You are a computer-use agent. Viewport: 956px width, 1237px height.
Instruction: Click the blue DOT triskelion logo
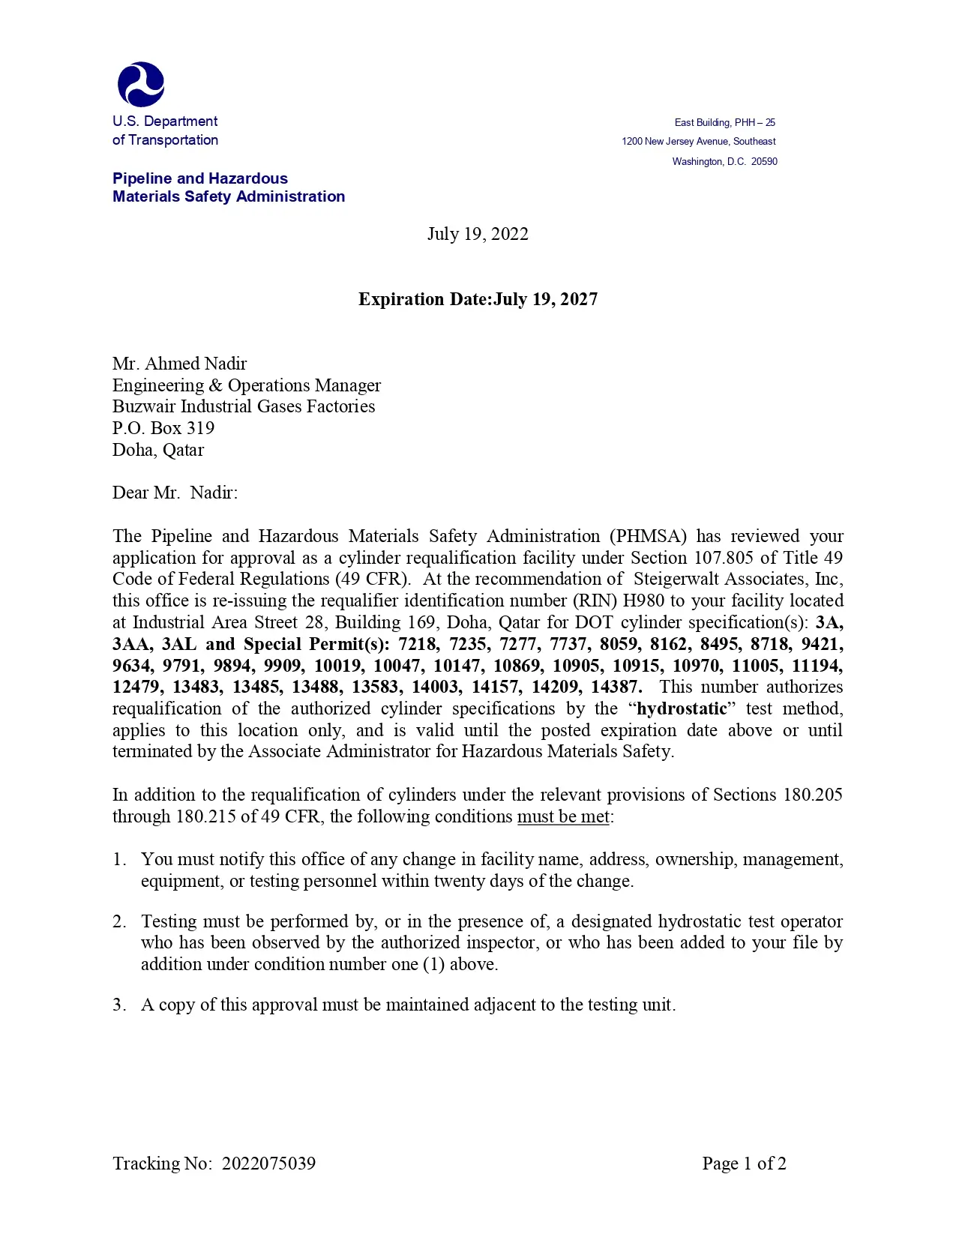point(141,84)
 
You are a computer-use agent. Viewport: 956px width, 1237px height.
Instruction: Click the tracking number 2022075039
point(268,1163)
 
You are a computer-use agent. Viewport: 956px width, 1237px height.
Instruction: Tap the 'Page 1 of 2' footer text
point(744,1163)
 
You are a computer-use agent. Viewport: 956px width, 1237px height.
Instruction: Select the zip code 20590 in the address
point(764,161)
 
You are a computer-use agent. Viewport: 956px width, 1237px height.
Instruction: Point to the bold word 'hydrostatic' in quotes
point(682,708)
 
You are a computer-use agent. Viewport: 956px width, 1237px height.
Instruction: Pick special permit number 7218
point(417,644)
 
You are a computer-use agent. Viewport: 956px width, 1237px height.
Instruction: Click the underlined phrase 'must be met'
point(563,816)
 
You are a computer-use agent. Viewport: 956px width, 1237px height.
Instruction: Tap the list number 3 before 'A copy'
point(119,1005)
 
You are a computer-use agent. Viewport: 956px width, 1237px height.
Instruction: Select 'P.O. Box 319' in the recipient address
point(163,428)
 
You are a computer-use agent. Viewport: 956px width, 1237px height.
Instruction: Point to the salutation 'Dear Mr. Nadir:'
point(175,493)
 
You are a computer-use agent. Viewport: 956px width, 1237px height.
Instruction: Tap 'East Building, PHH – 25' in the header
point(724,122)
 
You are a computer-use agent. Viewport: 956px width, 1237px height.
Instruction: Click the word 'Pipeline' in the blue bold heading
point(142,178)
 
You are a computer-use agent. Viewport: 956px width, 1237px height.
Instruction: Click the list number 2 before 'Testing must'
point(119,921)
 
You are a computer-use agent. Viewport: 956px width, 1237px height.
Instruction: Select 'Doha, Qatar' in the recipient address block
point(158,450)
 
